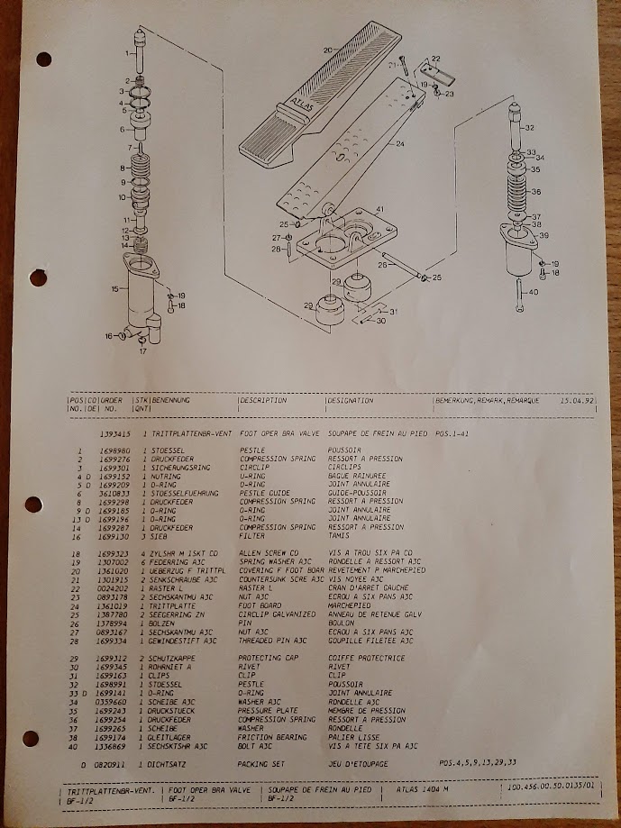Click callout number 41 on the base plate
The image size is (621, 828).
[380, 209]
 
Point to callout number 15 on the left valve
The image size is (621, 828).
[114, 289]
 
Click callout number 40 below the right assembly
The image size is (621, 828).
[534, 292]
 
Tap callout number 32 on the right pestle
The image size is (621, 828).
[529, 128]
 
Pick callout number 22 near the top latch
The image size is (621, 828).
[435, 59]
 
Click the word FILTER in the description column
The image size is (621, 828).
[251, 535]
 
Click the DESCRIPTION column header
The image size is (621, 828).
[264, 400]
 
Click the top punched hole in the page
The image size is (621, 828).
[43, 59]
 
